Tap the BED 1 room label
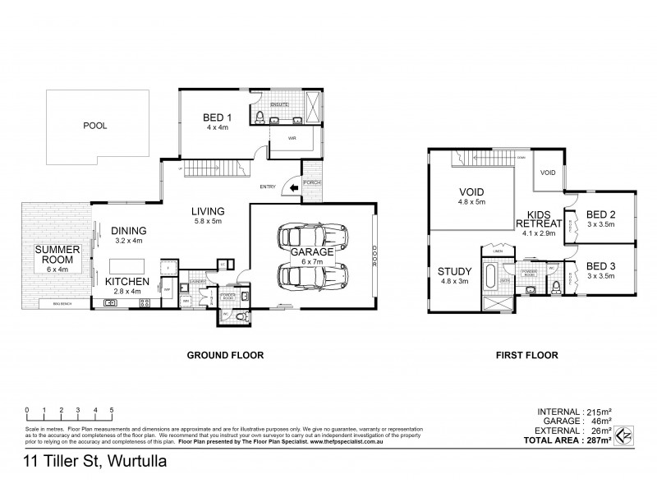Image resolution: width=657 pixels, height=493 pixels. click(x=216, y=118)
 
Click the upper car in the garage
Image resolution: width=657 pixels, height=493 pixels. click(x=310, y=237)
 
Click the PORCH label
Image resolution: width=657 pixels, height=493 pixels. click(x=311, y=182)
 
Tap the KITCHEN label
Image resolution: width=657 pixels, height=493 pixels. click(x=127, y=281)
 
